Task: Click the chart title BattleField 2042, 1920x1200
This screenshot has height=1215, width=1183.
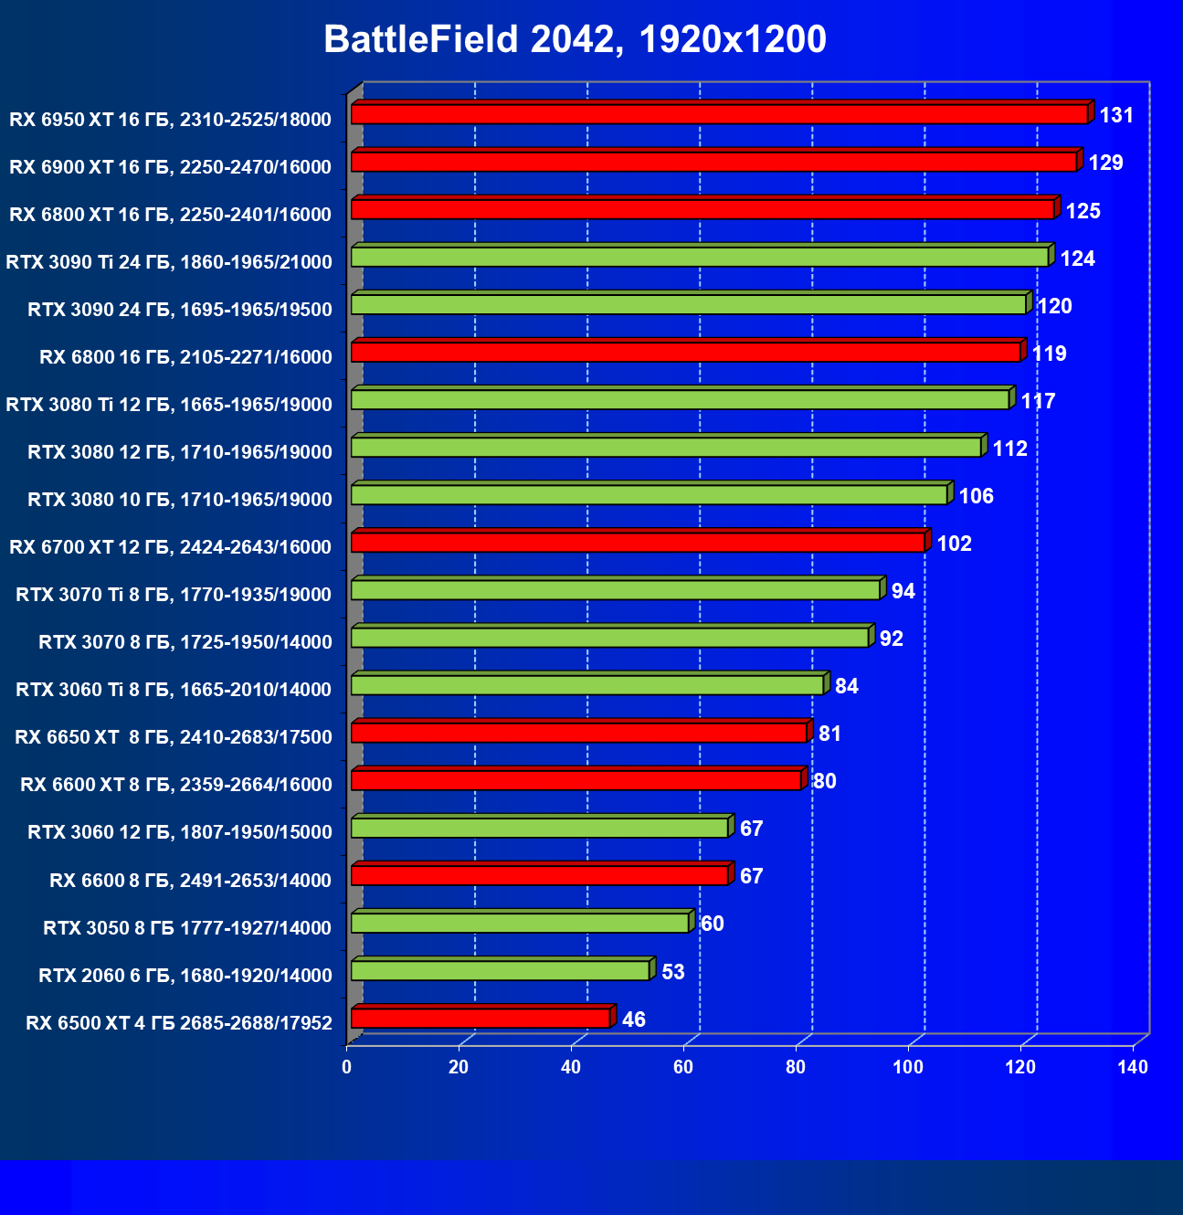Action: pos(575,39)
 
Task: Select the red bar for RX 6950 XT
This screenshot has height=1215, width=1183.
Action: pos(719,114)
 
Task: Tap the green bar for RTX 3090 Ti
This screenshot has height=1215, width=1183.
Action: pos(699,257)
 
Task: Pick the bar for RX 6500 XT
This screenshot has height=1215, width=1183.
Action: pos(481,1018)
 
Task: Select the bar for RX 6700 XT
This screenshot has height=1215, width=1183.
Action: pos(638,543)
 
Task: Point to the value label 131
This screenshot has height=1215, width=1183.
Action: pos(1116,115)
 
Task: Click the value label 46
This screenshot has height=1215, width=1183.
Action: pos(633,1020)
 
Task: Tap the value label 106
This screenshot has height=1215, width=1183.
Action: pos(976,496)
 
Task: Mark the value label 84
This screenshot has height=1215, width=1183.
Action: pos(847,686)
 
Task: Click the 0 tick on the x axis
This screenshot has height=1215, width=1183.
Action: pos(347,1068)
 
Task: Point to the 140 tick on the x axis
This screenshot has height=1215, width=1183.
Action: pos(1133,1068)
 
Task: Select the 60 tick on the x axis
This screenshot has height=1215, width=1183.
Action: pos(683,1068)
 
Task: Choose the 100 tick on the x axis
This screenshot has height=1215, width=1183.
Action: pos(908,1068)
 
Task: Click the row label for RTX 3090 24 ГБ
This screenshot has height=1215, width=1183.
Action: pos(180,310)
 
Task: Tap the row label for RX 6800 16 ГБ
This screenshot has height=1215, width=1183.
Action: pos(185,357)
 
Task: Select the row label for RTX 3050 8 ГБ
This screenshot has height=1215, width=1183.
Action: pos(187,928)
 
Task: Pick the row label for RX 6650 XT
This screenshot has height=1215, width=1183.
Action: pos(174,737)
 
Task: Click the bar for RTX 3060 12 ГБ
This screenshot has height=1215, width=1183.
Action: pos(539,828)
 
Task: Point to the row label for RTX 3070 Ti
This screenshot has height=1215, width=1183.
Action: pos(174,595)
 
